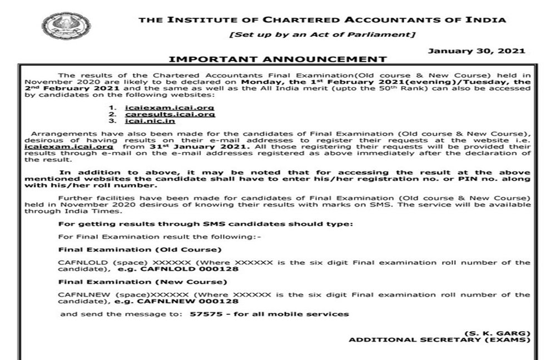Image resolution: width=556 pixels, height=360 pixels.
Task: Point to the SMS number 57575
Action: tap(201, 314)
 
